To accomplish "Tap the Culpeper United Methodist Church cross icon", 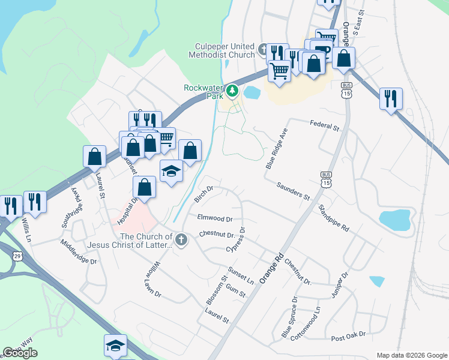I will (262, 49).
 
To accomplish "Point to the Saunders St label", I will (292, 191).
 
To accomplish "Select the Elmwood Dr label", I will (214, 218).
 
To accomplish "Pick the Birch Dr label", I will (205, 194).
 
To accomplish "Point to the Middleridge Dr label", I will (78, 252).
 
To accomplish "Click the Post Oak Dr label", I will (348, 336).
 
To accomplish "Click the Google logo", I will (20, 353).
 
